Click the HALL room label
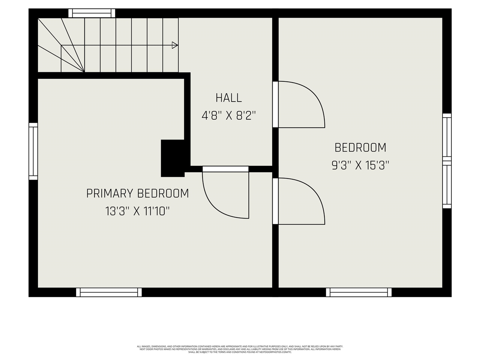(x=228, y=98)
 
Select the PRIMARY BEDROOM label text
(x=137, y=193)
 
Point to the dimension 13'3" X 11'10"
(x=137, y=211)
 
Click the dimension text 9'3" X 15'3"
(x=360, y=165)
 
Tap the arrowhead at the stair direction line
(x=174, y=45)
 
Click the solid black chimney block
(x=172, y=158)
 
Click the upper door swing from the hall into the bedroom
(x=300, y=105)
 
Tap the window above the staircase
(x=92, y=13)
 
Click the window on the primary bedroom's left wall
(x=33, y=151)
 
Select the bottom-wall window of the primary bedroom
(x=109, y=292)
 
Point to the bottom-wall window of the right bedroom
(x=358, y=292)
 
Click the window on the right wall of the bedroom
(x=447, y=161)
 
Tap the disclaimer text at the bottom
(x=240, y=349)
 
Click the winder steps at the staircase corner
(x=60, y=45)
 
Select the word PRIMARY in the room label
(x=110, y=193)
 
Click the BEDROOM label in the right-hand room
(x=360, y=147)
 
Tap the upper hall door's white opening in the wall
(x=275, y=105)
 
